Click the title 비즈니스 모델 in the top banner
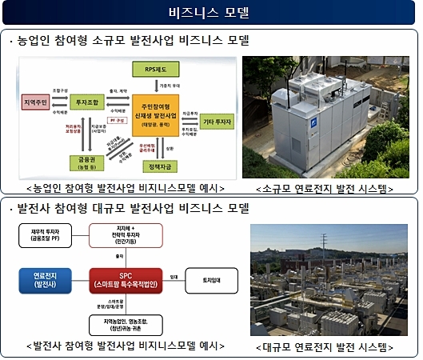click(210, 14)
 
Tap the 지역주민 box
click(37, 103)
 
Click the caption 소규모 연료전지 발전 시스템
click(329, 189)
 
